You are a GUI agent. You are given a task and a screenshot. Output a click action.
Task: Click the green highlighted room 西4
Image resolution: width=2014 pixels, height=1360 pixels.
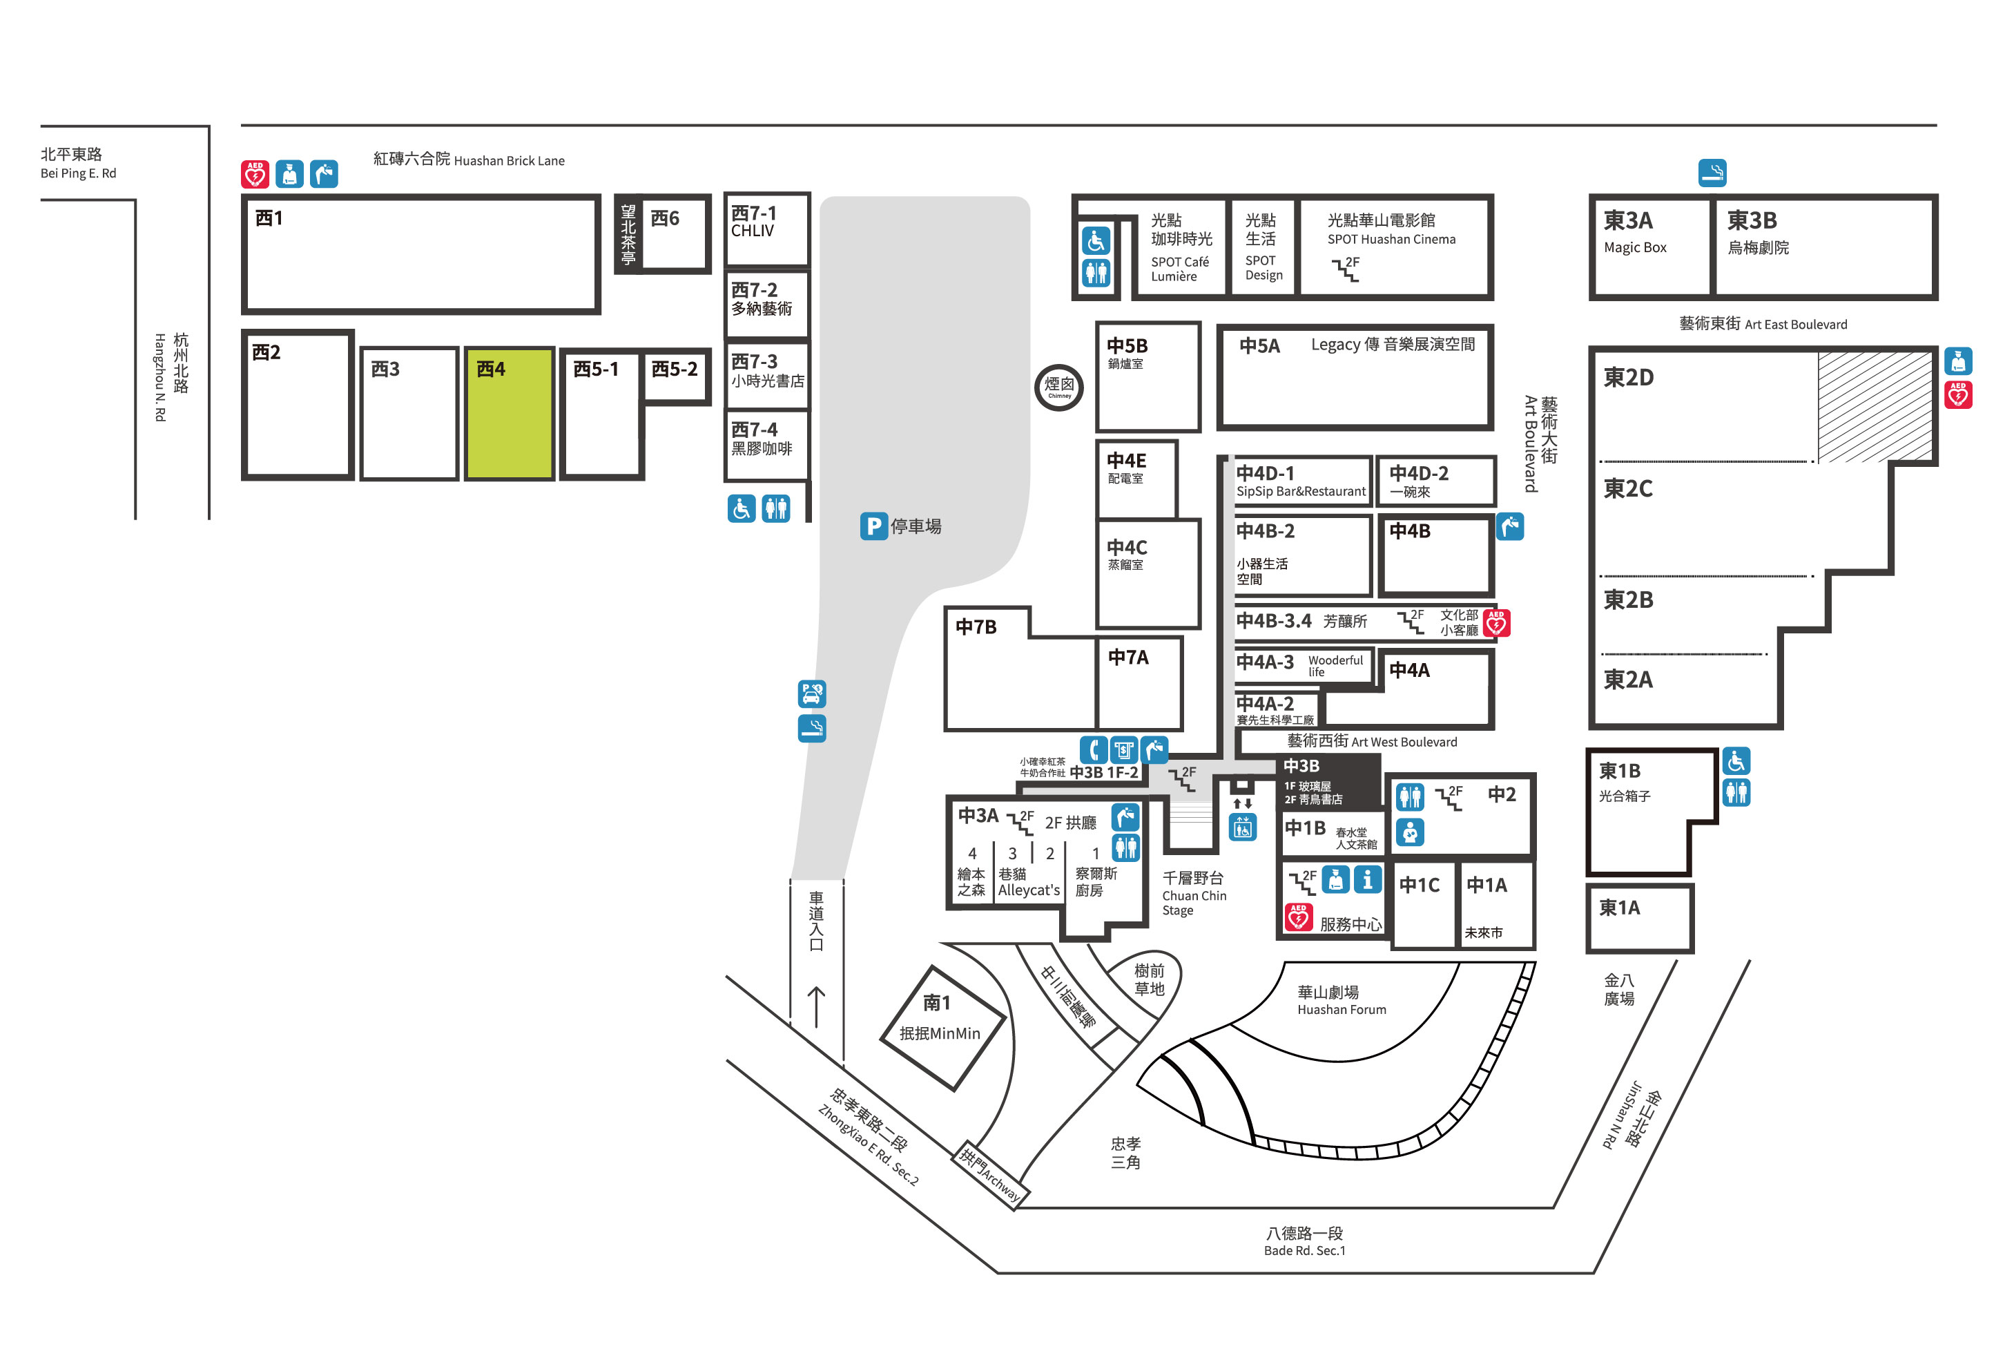coord(509,414)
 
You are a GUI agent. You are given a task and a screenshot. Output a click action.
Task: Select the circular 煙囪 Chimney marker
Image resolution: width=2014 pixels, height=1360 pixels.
coord(1059,387)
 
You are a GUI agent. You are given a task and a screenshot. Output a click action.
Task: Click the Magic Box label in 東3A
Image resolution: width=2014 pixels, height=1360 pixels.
coord(1634,248)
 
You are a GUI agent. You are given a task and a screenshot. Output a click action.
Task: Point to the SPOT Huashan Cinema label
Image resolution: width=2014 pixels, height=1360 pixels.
coord(1392,239)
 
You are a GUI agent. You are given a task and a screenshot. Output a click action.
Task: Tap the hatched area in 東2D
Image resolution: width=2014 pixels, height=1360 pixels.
coord(1875,407)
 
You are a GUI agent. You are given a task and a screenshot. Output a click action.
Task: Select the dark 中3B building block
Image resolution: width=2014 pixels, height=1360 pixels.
coord(1329,781)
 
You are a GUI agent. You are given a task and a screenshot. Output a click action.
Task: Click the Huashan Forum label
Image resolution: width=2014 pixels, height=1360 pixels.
coord(1342,1010)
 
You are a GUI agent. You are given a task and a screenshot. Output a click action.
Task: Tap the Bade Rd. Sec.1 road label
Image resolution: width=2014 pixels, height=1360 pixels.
coord(1304,1251)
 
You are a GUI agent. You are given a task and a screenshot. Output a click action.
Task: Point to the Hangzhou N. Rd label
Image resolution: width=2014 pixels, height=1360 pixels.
coord(160,377)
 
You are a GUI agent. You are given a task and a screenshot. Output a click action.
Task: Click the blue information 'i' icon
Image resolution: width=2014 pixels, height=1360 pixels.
coord(1368,880)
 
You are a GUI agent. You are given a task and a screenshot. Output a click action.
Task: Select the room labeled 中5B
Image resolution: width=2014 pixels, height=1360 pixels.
coord(1148,377)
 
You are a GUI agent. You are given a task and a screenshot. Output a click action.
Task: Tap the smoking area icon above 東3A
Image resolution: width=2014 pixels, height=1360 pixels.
coord(1712,173)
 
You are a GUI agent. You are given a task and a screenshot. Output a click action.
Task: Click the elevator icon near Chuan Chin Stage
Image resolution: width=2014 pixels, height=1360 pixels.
coord(1243,827)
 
